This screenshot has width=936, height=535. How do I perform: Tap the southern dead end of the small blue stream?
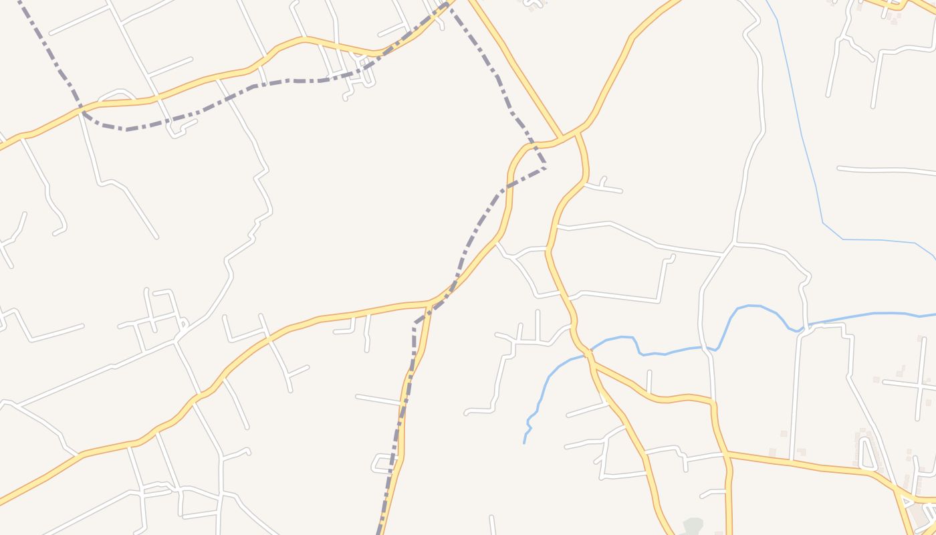pos(524,442)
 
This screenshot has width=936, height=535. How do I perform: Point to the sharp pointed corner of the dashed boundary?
pos(546,167)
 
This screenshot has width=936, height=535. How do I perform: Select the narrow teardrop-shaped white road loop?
pos(867,452)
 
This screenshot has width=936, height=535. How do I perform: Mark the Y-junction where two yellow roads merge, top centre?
pos(560,139)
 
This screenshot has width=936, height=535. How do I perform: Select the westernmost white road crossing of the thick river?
pos(707,347)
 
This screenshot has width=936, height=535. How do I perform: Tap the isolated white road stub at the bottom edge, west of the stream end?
pos(492,526)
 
